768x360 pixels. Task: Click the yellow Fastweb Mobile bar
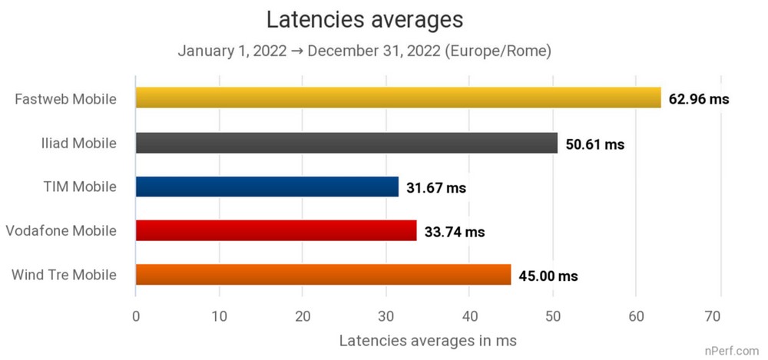coord(398,98)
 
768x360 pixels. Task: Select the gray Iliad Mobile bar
coord(346,143)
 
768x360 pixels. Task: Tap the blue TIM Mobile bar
coord(267,187)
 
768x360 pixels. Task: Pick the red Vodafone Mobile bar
coord(276,230)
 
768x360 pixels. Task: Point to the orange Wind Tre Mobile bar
coord(323,274)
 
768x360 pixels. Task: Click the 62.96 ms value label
coord(699,99)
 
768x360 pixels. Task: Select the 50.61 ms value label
coord(594,144)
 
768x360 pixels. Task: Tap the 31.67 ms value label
coord(436,187)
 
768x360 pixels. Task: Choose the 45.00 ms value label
coord(548,275)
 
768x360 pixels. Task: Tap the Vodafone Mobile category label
coord(61,230)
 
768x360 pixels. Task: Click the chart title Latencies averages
coord(364,18)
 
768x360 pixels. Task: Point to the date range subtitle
coord(365,51)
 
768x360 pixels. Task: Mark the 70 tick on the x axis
coord(719,314)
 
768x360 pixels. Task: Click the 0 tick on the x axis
coord(136,314)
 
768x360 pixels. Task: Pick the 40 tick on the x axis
coord(469,314)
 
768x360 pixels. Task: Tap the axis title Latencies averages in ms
coord(427,339)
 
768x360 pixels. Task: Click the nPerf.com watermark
coord(734,351)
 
